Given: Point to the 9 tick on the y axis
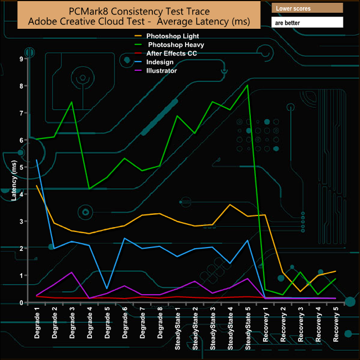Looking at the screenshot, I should (x=20, y=59).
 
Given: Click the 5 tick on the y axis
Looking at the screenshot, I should (x=20, y=167).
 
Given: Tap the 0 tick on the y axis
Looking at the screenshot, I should (x=20, y=302).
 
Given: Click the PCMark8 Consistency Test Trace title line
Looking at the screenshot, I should (x=140, y=11).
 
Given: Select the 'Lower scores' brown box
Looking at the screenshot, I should (x=307, y=9).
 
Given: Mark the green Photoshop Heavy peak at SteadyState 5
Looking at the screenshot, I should (x=248, y=85).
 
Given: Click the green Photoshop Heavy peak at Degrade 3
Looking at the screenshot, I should (x=73, y=102).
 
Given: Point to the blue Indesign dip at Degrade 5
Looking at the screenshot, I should (x=107, y=288).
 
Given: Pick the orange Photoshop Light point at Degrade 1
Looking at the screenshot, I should (x=37, y=186).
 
